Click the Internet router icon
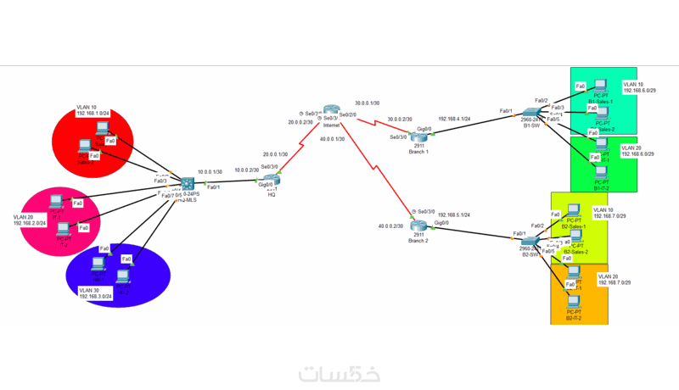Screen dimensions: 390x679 tap(331, 110)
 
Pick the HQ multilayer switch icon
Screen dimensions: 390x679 tap(188, 184)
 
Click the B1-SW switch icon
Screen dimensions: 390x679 tap(531, 114)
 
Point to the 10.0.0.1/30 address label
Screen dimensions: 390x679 tap(211, 170)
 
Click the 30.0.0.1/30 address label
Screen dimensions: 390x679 tap(368, 102)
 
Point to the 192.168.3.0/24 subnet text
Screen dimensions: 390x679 tap(98, 297)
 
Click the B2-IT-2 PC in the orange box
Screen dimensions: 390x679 tap(575, 302)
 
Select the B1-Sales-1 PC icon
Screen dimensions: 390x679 tap(602, 86)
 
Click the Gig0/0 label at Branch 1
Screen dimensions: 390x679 tap(424, 128)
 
